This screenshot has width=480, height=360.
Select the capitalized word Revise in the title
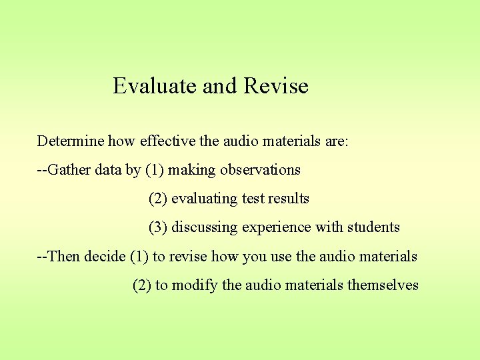pyautogui.click(x=276, y=86)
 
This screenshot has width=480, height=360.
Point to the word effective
pyautogui.click(x=170, y=141)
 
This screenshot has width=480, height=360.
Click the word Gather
pyautogui.click(x=69, y=170)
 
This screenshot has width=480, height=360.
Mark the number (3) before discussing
pyautogui.click(x=158, y=227)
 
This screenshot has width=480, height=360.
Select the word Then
pyautogui.click(x=63, y=256)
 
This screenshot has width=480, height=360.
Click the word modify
pyautogui.click(x=195, y=285)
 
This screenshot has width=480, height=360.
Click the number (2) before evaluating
pyautogui.click(x=158, y=199)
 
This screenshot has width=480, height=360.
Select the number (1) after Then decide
pyautogui.click(x=139, y=256)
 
